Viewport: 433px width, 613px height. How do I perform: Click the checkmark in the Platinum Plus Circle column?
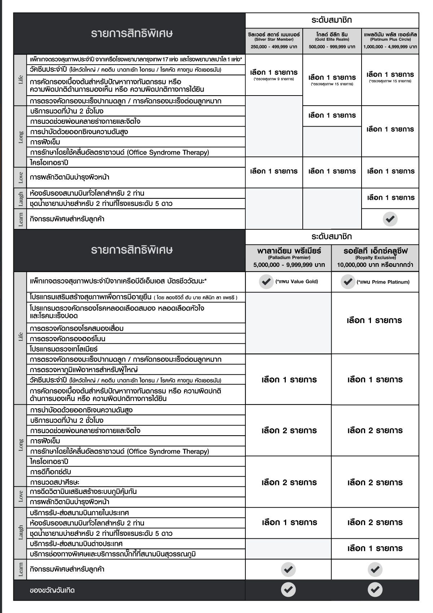pos(390,219)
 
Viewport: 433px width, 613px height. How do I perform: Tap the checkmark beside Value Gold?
pos(266,282)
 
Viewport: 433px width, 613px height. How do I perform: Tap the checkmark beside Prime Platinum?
pos(348,282)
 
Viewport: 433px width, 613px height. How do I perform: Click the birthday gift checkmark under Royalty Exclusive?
pos(375,590)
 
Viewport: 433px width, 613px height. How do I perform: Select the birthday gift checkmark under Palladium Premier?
pos(288,590)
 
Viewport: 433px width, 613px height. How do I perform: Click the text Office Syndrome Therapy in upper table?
pos(168,152)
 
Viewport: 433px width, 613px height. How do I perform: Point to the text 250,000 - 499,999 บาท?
pos(274,47)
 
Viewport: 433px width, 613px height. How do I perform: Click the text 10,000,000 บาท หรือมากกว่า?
pos(375,265)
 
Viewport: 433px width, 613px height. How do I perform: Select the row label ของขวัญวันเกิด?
pos(52,591)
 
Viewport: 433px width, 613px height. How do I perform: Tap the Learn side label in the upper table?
pos(21,219)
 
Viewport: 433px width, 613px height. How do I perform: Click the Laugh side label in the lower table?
pos(21,533)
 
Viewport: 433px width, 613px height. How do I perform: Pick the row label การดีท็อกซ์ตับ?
pos(51,472)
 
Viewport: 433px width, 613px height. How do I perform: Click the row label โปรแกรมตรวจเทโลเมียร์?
pos(64,349)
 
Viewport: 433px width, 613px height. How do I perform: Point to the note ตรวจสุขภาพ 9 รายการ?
pos(274,79)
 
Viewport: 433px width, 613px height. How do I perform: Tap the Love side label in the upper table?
pos(21,177)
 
